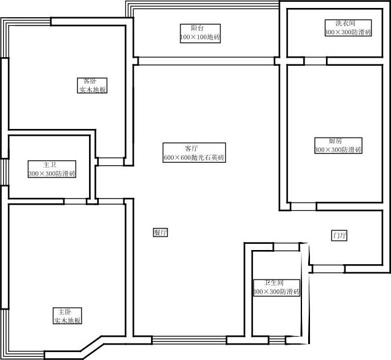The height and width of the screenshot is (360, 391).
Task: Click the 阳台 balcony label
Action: pyautogui.click(x=196, y=28)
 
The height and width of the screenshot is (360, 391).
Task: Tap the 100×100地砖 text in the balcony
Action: pyautogui.click(x=200, y=37)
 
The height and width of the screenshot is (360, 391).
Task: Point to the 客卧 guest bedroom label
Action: pyautogui.click(x=90, y=81)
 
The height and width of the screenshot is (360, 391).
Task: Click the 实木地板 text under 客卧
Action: pyautogui.click(x=93, y=90)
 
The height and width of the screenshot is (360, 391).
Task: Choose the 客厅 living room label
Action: pyautogui.click(x=191, y=149)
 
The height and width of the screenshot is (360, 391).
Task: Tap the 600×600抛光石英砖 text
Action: pyautogui.click(x=194, y=158)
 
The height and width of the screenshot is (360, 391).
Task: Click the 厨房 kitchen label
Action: pyautogui.click(x=335, y=141)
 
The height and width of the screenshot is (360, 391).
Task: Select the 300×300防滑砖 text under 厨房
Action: pyautogui.click(x=338, y=149)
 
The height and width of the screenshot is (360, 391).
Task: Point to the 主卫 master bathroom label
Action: pyautogui.click(x=50, y=165)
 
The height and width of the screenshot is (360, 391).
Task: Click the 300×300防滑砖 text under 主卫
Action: pyautogui.click(x=52, y=174)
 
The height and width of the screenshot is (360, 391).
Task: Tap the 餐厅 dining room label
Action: pyautogui.click(x=160, y=233)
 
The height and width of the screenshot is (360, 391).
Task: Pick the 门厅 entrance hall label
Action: pyautogui.click(x=339, y=236)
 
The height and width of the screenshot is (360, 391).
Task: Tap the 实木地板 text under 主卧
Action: pyautogui.click(x=68, y=321)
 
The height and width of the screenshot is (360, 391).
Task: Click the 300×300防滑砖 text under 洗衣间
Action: pyautogui.click(x=348, y=32)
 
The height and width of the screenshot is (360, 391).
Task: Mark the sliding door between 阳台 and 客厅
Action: pyautogui.click(x=206, y=61)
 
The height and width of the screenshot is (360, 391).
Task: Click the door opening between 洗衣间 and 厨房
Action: pyautogui.click(x=315, y=61)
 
